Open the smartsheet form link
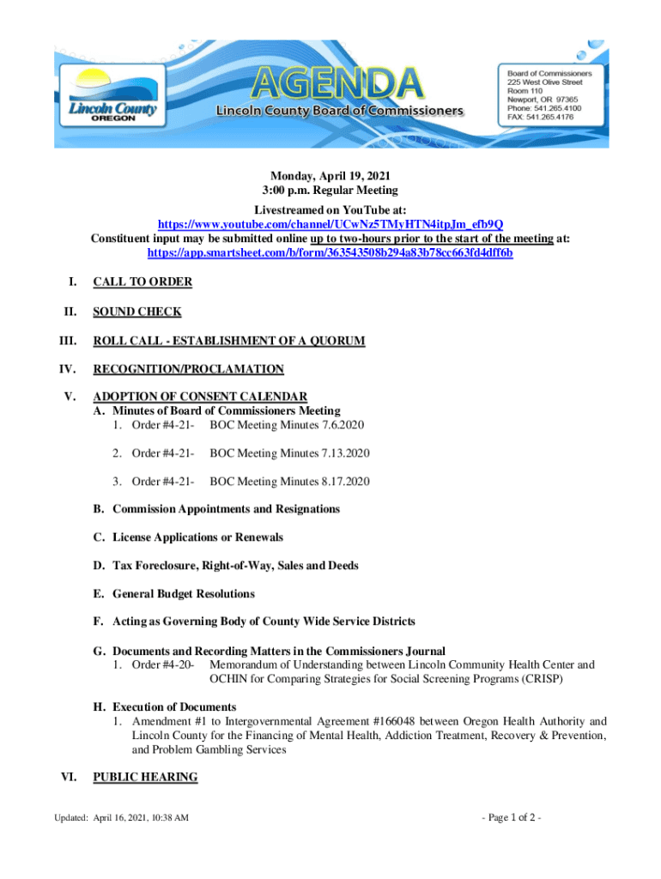tap(330, 253)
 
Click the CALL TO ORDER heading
tap(143, 282)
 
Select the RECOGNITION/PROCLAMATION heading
tap(188, 369)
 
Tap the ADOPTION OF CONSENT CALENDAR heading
tap(200, 397)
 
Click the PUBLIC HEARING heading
tap(145, 778)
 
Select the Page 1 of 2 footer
tap(512, 816)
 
